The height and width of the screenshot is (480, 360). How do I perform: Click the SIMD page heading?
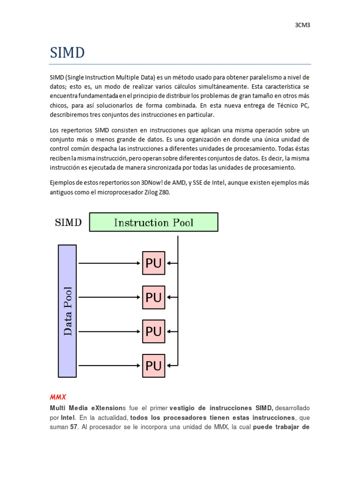67,53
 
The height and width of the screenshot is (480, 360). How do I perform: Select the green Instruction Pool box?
154,222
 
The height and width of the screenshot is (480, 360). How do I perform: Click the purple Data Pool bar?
67,311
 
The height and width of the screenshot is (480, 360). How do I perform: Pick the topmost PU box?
154,263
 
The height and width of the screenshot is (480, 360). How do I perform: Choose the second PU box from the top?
154,298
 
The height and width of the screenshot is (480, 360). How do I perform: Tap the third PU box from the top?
154,332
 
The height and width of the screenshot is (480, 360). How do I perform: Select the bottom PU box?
154,366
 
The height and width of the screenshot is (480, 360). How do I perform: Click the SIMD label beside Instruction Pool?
68,222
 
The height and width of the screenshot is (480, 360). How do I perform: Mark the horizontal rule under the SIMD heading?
180,64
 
